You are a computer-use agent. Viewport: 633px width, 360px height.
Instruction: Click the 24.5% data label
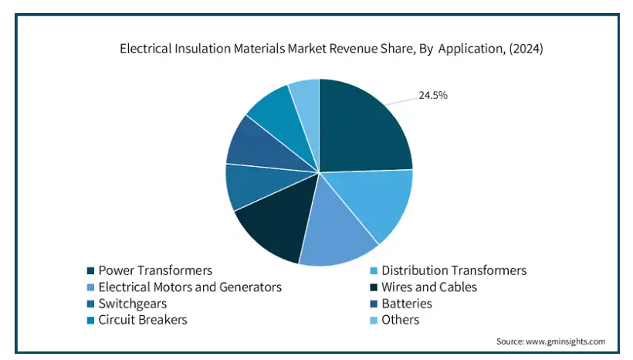(x=433, y=96)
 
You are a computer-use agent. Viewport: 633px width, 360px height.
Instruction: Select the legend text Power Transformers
(x=155, y=270)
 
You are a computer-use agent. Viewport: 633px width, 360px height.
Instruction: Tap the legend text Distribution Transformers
(x=454, y=270)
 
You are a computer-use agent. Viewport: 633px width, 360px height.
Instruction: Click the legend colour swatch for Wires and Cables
(x=372, y=287)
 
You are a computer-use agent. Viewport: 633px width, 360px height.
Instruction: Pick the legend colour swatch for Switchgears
(x=90, y=304)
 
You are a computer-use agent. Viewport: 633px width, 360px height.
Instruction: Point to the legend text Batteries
(x=407, y=304)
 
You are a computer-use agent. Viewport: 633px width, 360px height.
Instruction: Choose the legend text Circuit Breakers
(x=143, y=320)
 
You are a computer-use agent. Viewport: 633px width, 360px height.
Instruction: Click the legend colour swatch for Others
(x=372, y=321)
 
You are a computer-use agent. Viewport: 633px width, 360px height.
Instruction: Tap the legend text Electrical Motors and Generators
(x=190, y=287)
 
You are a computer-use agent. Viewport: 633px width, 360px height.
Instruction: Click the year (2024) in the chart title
(x=525, y=49)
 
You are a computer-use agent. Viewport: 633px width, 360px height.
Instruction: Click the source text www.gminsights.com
(x=567, y=341)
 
